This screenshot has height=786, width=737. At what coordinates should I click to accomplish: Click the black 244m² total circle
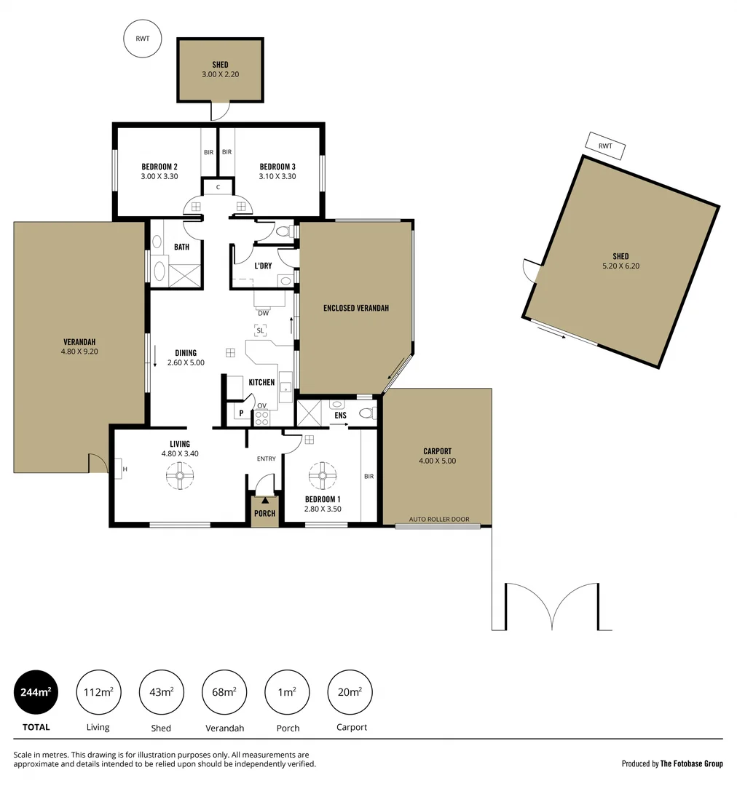coord(36,692)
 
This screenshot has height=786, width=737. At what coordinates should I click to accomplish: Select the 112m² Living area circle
coord(98,692)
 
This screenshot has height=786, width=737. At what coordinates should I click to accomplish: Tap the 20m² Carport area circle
coord(350,692)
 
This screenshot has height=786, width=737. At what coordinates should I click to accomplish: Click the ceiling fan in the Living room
coord(179,477)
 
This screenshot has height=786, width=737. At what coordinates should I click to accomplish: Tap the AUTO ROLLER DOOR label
coord(438,520)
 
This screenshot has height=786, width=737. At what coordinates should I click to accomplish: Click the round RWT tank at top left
coord(143,39)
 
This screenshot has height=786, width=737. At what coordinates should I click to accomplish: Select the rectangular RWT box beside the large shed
coord(605,146)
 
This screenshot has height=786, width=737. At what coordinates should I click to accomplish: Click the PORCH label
coord(265,513)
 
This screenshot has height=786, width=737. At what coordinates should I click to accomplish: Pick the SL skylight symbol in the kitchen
coord(260,330)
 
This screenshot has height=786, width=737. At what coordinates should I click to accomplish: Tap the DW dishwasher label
coord(263,313)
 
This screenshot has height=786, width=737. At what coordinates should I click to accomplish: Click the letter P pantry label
coord(240,413)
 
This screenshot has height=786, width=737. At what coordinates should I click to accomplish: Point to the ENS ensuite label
coord(340,416)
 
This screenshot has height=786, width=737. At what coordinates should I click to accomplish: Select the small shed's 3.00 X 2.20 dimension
coord(220,74)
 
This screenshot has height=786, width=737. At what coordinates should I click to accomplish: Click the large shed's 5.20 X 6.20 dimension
coord(620,266)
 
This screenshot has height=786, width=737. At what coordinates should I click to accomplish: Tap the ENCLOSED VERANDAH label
coord(355,308)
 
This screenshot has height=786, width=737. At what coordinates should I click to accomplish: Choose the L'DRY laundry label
coord(263,266)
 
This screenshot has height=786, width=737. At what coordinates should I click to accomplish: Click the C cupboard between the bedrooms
coord(218,187)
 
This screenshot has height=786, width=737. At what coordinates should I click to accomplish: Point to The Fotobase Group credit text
coord(691,763)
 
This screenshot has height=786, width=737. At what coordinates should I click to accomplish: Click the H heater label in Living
coord(125,469)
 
